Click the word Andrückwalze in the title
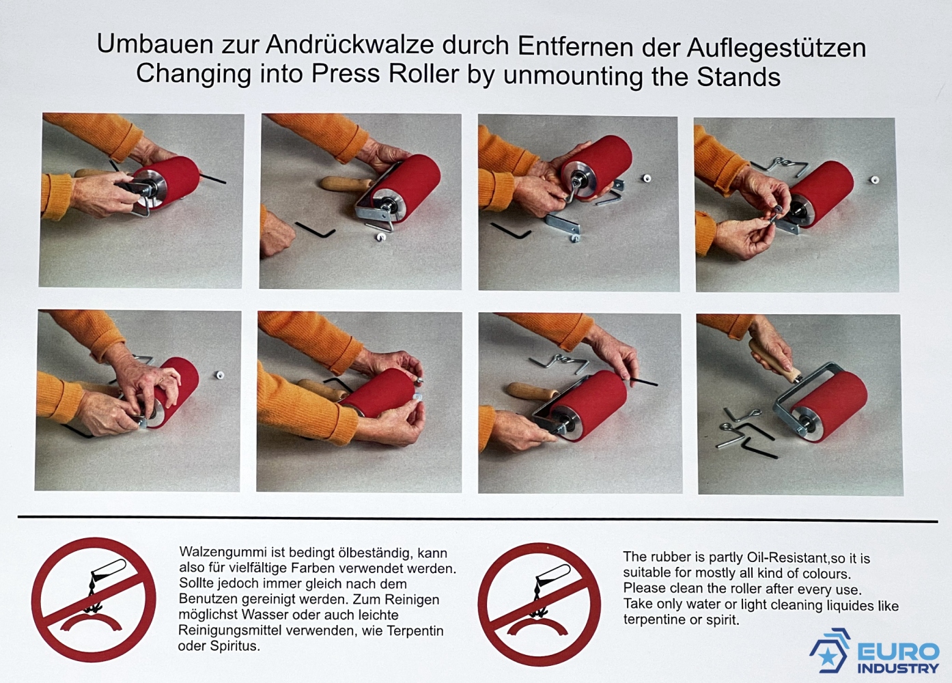[x=350, y=45]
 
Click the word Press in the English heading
[x=346, y=73]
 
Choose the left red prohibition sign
[x=94, y=600]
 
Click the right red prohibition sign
[x=540, y=604]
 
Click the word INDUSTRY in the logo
[x=898, y=668]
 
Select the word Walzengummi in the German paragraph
[x=224, y=552]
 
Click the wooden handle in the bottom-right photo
[x=772, y=361]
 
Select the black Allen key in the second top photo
[x=316, y=229]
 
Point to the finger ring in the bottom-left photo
[x=163, y=378]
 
